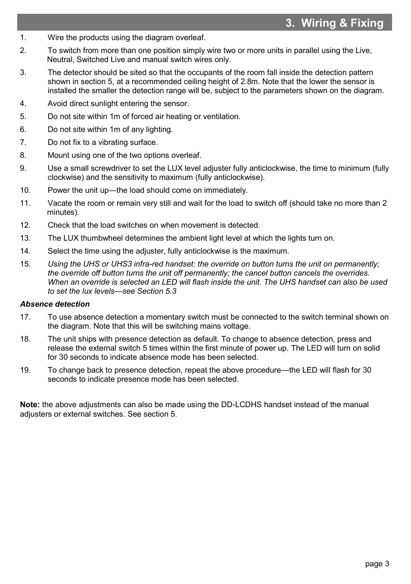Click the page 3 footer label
(x=377, y=564)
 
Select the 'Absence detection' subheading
(x=55, y=304)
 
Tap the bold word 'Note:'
(x=30, y=405)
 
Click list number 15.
(x=25, y=264)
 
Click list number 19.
(x=25, y=370)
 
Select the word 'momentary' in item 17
(x=164, y=317)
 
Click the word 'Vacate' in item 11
(x=60, y=203)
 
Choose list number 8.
(x=23, y=155)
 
